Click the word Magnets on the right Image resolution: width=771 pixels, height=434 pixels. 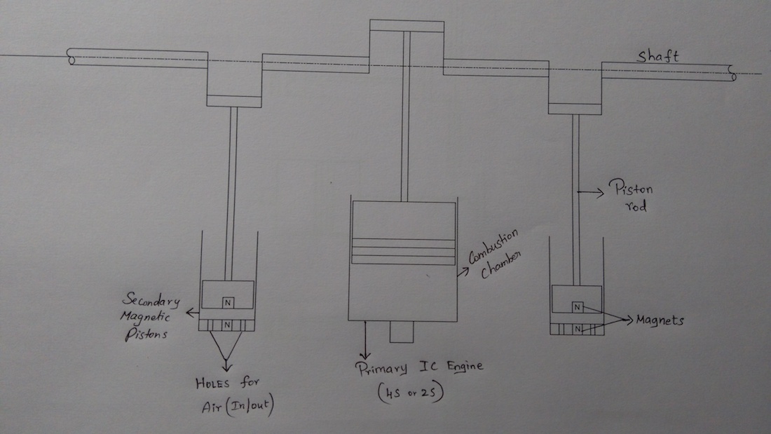point(660,320)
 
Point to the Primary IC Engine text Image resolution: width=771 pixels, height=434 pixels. point(419,367)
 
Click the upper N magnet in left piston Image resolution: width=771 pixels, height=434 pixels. point(227,302)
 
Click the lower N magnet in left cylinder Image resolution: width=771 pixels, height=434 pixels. point(227,325)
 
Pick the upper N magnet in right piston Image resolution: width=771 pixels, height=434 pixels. point(576,306)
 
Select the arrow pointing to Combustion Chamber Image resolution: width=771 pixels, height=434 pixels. point(463,271)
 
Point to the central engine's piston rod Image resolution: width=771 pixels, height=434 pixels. point(405,119)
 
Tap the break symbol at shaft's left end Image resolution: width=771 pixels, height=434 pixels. point(71,57)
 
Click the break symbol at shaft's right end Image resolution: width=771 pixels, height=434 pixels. point(732,72)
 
